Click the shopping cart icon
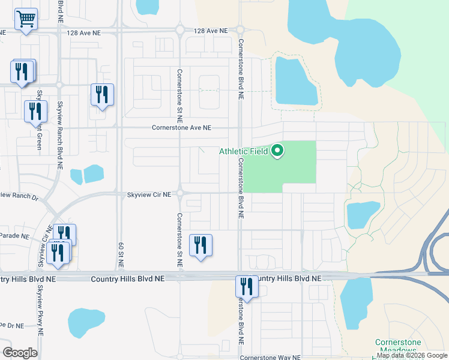coord(25,20)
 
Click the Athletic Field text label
coord(243,151)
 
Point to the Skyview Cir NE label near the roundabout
coord(149,194)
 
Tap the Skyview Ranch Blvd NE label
coord(60,129)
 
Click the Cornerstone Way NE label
coord(270,358)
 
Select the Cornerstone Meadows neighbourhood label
coord(396,346)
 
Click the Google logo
coord(20,353)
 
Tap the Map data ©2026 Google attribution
coord(412,356)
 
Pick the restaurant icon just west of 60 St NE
coord(102,94)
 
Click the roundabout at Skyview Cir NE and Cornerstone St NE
coord(179,193)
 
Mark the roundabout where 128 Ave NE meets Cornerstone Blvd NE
coord(240,29)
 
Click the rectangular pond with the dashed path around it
coord(295,81)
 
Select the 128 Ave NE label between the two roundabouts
coord(211,30)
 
